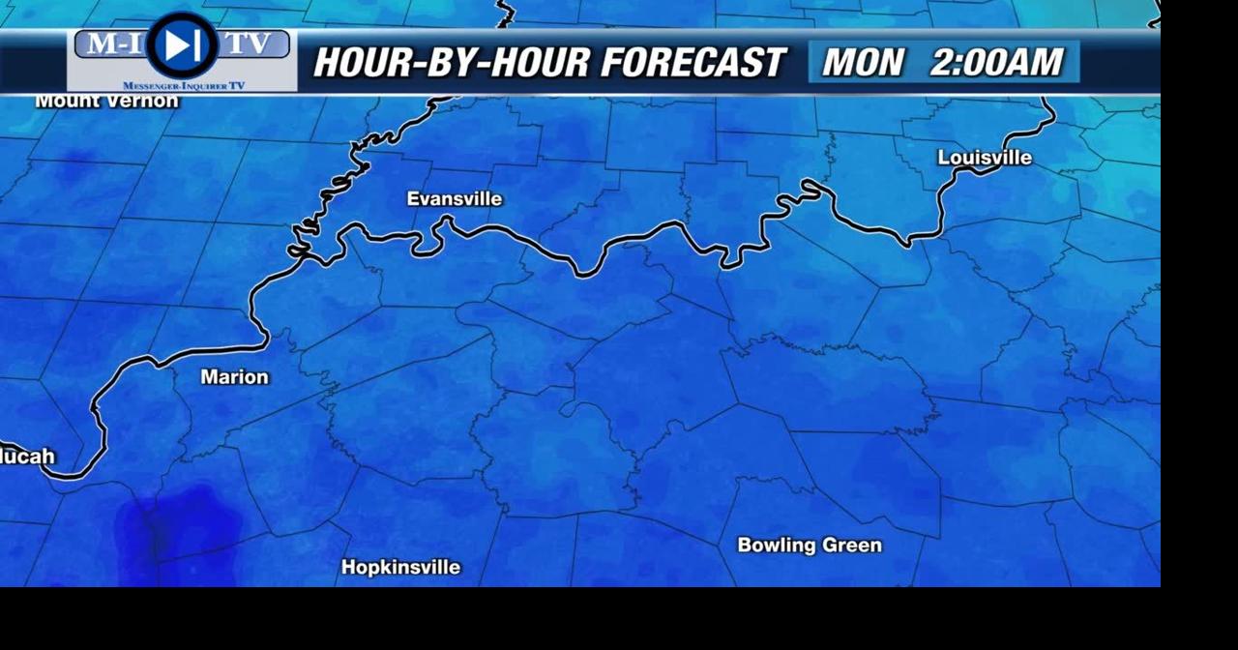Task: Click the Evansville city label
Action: point(454,199)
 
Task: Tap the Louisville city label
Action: point(985,158)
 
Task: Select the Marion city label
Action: point(234,377)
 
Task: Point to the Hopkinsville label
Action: point(400,568)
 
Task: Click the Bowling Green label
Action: point(810,546)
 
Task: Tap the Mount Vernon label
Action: point(106,101)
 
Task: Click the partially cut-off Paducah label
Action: point(27,457)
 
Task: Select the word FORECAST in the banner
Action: point(693,63)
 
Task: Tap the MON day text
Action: point(863,63)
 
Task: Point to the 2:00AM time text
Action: point(996,63)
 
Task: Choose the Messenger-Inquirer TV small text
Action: point(184,86)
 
